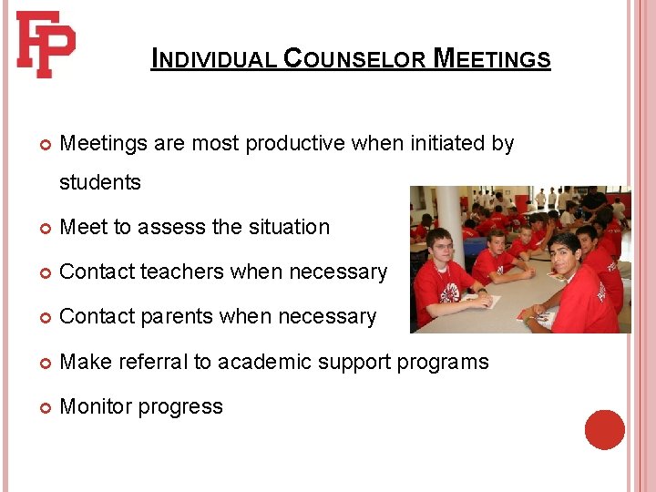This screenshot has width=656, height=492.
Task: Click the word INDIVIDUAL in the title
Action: click(x=213, y=60)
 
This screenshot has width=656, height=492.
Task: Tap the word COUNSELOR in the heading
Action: click(x=354, y=60)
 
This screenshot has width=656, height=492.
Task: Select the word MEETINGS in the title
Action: click(x=492, y=60)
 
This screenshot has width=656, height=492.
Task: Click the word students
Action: click(x=100, y=182)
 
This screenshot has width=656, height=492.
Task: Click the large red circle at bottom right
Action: click(x=604, y=430)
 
